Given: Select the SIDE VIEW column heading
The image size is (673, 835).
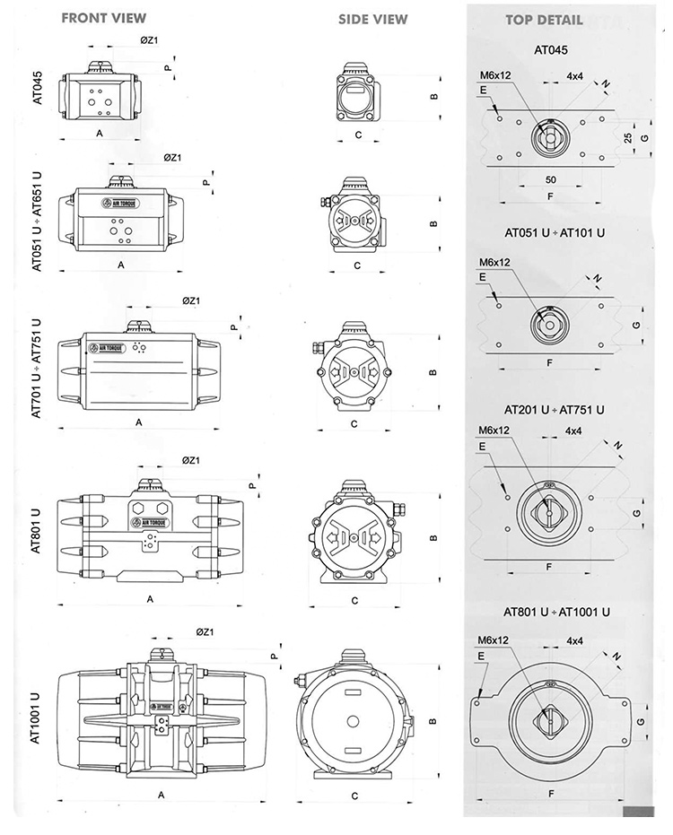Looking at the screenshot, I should [372, 19].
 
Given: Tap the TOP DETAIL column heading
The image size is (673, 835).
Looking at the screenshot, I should [543, 20].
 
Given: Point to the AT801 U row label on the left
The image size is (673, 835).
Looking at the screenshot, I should [38, 531].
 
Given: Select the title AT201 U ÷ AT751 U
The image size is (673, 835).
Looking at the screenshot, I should [555, 409].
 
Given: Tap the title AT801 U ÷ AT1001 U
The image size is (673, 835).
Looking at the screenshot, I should [557, 612].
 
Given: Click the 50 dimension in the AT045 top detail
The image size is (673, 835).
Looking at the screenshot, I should [550, 180].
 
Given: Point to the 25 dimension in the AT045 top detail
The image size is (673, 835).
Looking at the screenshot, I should [629, 138].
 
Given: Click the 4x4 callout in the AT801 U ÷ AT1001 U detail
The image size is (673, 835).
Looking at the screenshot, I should [576, 640].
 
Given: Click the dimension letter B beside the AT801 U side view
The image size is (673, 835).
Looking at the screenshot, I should [433, 538].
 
